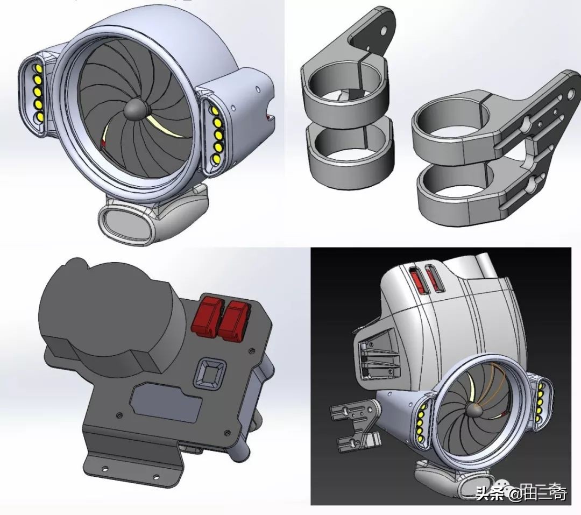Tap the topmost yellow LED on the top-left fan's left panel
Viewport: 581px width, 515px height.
coord(38,69)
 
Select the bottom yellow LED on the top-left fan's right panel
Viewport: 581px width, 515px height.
coord(215,160)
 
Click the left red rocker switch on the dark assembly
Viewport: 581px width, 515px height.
coord(206,316)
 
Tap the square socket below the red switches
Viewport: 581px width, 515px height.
coord(209,371)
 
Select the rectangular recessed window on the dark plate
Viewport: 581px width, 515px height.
coord(167,405)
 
